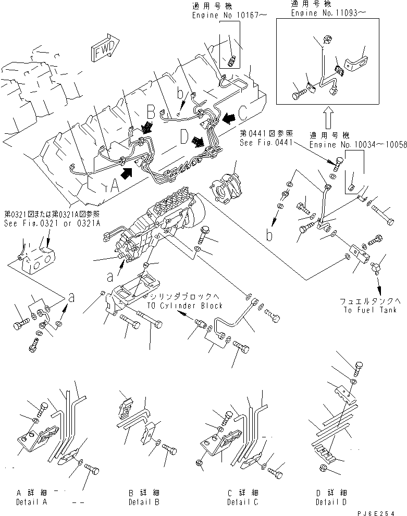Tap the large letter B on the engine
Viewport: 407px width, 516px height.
[x=150, y=112]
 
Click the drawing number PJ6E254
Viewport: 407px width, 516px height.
[x=379, y=512]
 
